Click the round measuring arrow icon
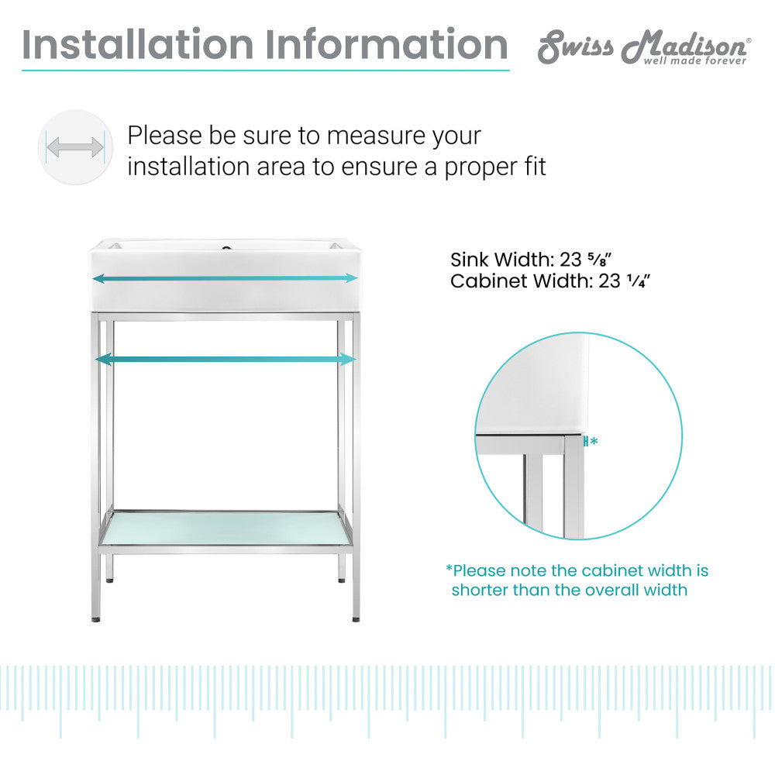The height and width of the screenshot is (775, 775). (75, 147)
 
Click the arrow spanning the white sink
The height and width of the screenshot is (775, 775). (225, 277)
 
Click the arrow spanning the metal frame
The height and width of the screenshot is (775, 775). (225, 359)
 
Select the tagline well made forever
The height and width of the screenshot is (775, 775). (695, 60)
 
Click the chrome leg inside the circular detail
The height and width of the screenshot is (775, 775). (573, 488)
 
